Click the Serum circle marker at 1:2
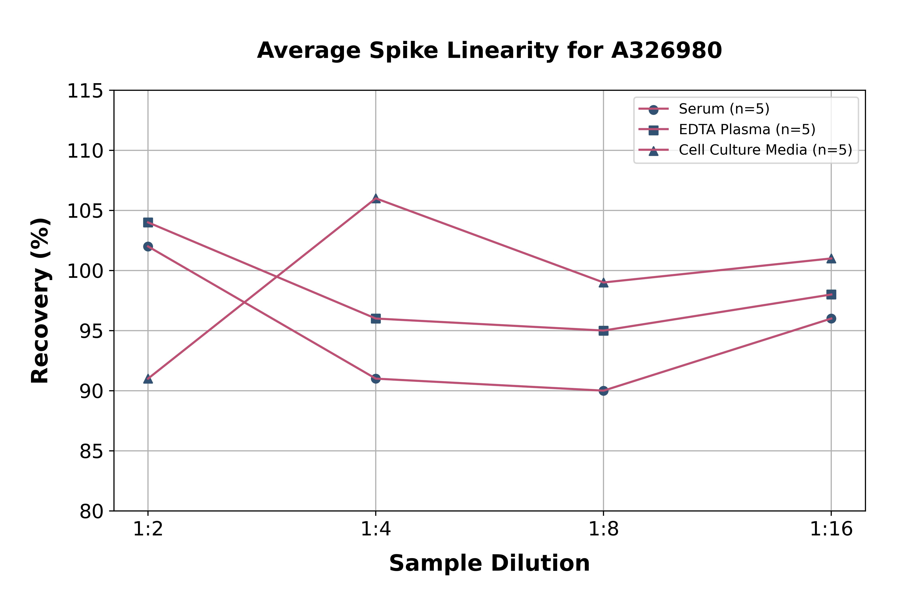click(148, 246)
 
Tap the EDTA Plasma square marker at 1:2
click(148, 222)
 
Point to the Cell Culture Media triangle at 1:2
click(148, 379)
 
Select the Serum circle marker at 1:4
click(376, 379)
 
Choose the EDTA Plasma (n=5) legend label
click(747, 130)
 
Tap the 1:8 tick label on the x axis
click(603, 529)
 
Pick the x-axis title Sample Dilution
click(489, 563)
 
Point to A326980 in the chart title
click(666, 51)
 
